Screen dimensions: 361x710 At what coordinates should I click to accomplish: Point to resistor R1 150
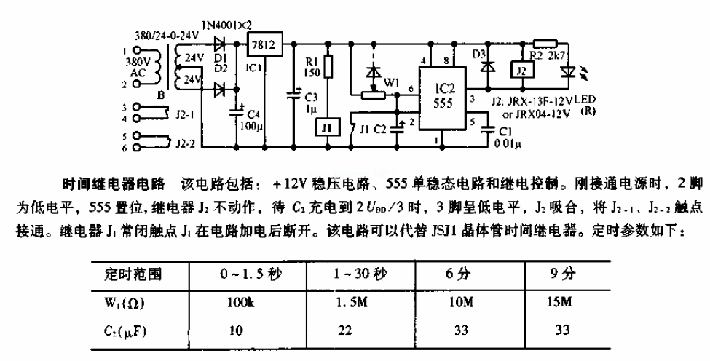(328, 67)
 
